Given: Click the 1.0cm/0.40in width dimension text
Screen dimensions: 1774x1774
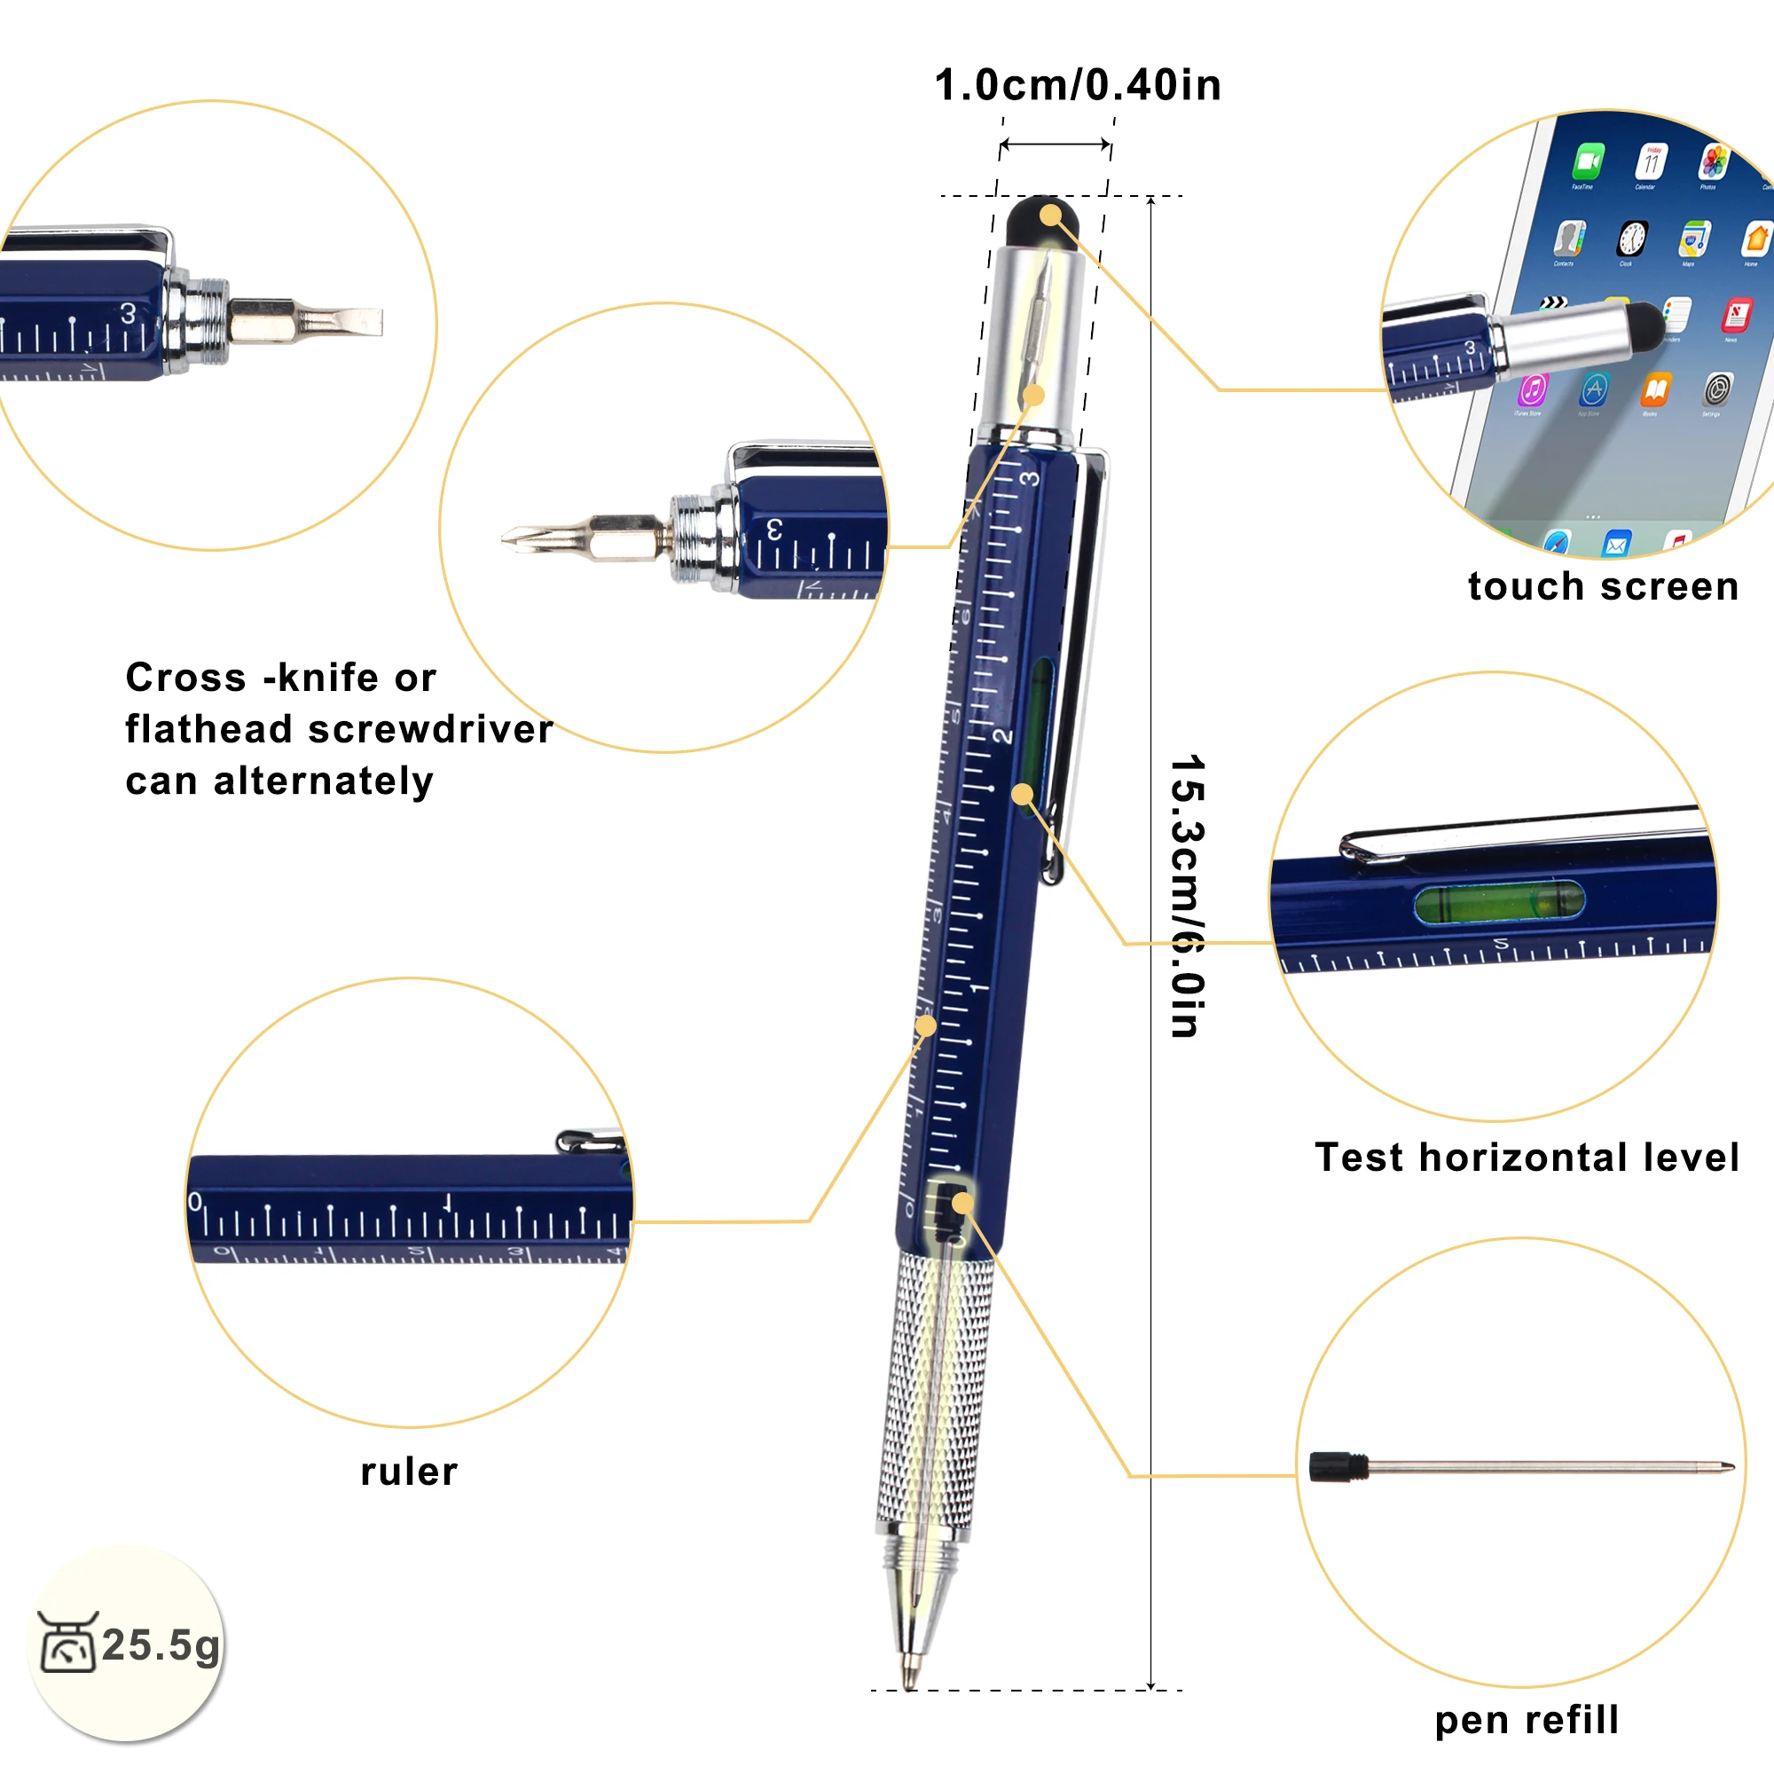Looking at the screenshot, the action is click(x=1077, y=85).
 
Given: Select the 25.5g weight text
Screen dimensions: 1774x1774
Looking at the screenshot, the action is click(x=161, y=1644).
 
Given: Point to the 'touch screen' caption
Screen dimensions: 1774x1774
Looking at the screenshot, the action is click(x=1603, y=586).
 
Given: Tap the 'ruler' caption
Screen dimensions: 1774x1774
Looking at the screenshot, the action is click(x=409, y=1472).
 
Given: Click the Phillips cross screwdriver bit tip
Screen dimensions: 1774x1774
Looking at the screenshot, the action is click(x=511, y=538).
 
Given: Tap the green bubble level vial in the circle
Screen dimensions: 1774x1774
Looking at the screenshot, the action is click(x=1499, y=903).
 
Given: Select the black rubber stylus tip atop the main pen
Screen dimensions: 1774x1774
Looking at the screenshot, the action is click(x=1041, y=220).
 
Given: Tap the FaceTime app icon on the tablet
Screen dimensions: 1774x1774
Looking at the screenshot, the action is click(x=1588, y=161).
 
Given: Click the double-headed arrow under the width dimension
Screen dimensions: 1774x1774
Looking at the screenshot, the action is click(x=1056, y=145).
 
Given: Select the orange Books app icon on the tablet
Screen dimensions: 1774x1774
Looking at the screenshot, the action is click(x=1655, y=390).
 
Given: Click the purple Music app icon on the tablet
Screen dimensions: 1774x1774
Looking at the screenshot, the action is click(x=1533, y=389).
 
